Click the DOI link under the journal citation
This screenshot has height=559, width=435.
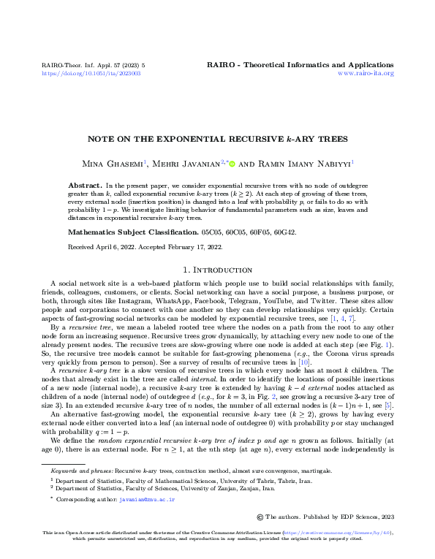(x=91, y=74)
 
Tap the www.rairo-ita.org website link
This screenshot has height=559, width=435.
(x=366, y=74)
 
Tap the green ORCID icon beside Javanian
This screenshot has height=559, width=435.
(x=232, y=163)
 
